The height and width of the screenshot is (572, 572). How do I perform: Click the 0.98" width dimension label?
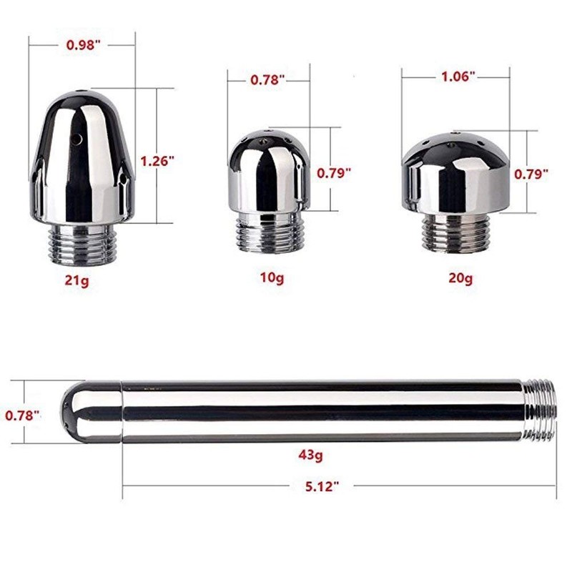(x=82, y=44)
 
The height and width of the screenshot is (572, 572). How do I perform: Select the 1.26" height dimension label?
(x=159, y=161)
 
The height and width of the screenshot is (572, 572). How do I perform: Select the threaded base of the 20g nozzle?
(x=459, y=232)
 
